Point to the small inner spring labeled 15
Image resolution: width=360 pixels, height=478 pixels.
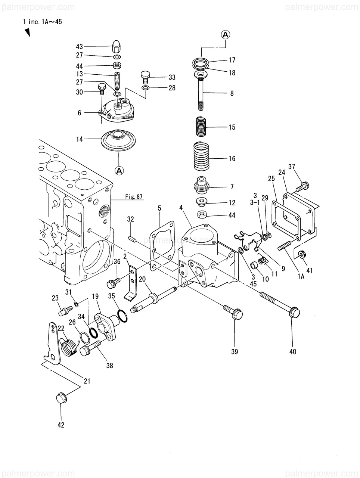point(201,127)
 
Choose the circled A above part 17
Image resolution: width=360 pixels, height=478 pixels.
point(226,35)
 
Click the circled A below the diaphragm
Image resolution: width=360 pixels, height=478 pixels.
point(119,170)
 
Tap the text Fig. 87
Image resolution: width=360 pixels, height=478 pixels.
point(134,197)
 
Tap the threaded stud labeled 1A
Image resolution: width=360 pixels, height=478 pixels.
point(285,245)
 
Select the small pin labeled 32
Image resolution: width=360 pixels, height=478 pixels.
point(132,239)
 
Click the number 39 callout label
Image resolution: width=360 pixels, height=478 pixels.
point(235,351)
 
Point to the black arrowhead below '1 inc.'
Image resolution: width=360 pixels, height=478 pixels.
point(27,32)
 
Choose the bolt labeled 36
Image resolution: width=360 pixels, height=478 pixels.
point(113,283)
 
